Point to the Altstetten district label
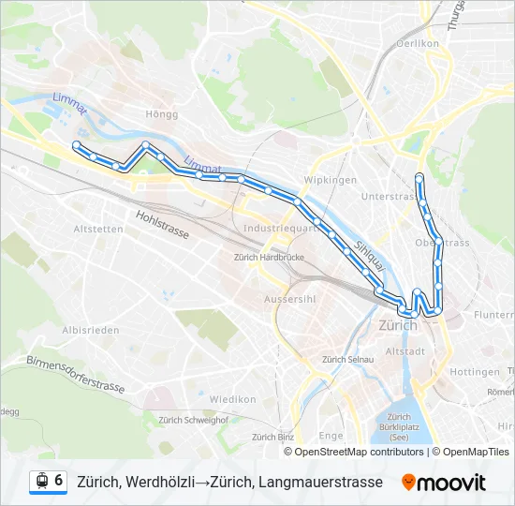tap(97, 229)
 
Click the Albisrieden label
tap(88, 331)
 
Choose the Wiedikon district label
tap(232, 399)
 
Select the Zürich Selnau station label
tap(347, 360)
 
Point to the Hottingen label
tap(475, 372)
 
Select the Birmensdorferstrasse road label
tap(75, 374)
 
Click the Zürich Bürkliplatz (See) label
tap(399, 427)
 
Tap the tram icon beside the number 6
tap(41, 482)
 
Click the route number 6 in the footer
tap(58, 481)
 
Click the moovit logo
tap(444, 483)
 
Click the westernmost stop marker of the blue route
tap(76, 144)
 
